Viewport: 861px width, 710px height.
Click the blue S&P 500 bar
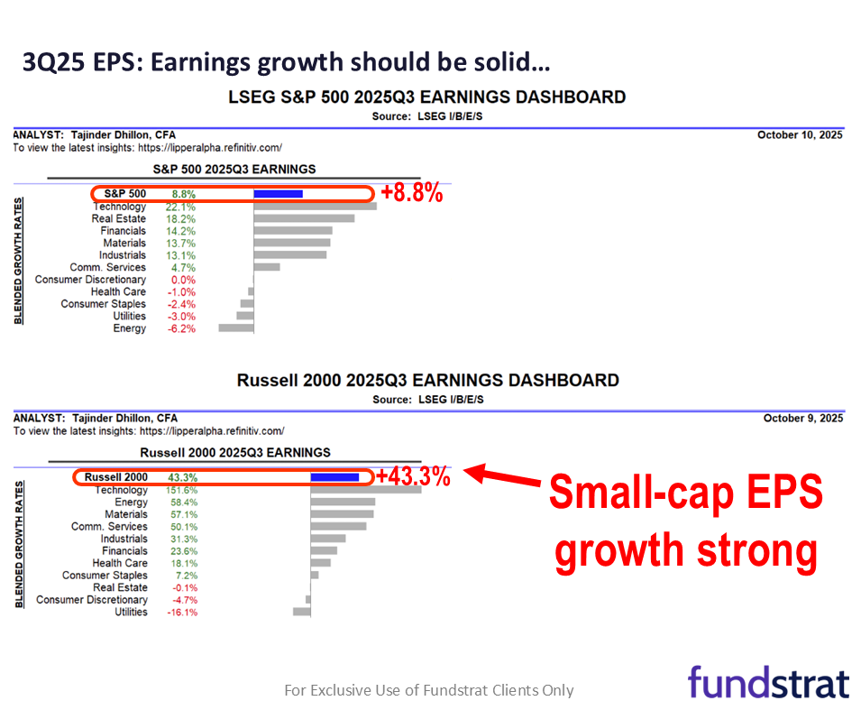click(278, 194)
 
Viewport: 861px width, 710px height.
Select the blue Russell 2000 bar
click(334, 477)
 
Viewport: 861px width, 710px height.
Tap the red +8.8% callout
click(411, 193)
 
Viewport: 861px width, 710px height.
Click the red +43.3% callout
click(413, 476)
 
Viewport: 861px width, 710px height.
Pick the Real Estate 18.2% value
click(181, 219)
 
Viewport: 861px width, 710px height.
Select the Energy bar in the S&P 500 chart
click(236, 328)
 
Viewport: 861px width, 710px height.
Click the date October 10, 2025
click(801, 134)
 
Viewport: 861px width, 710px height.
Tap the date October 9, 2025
click(802, 419)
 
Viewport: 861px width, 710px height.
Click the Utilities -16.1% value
click(182, 613)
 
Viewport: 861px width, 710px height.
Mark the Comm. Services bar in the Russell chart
click(338, 526)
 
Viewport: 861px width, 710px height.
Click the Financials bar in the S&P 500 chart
click(293, 231)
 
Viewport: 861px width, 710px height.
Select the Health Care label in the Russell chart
click(120, 563)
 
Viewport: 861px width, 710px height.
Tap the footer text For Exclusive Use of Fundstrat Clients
click(429, 690)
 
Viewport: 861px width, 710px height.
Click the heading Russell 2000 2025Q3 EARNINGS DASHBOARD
click(428, 381)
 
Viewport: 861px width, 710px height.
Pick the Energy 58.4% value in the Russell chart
click(183, 503)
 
